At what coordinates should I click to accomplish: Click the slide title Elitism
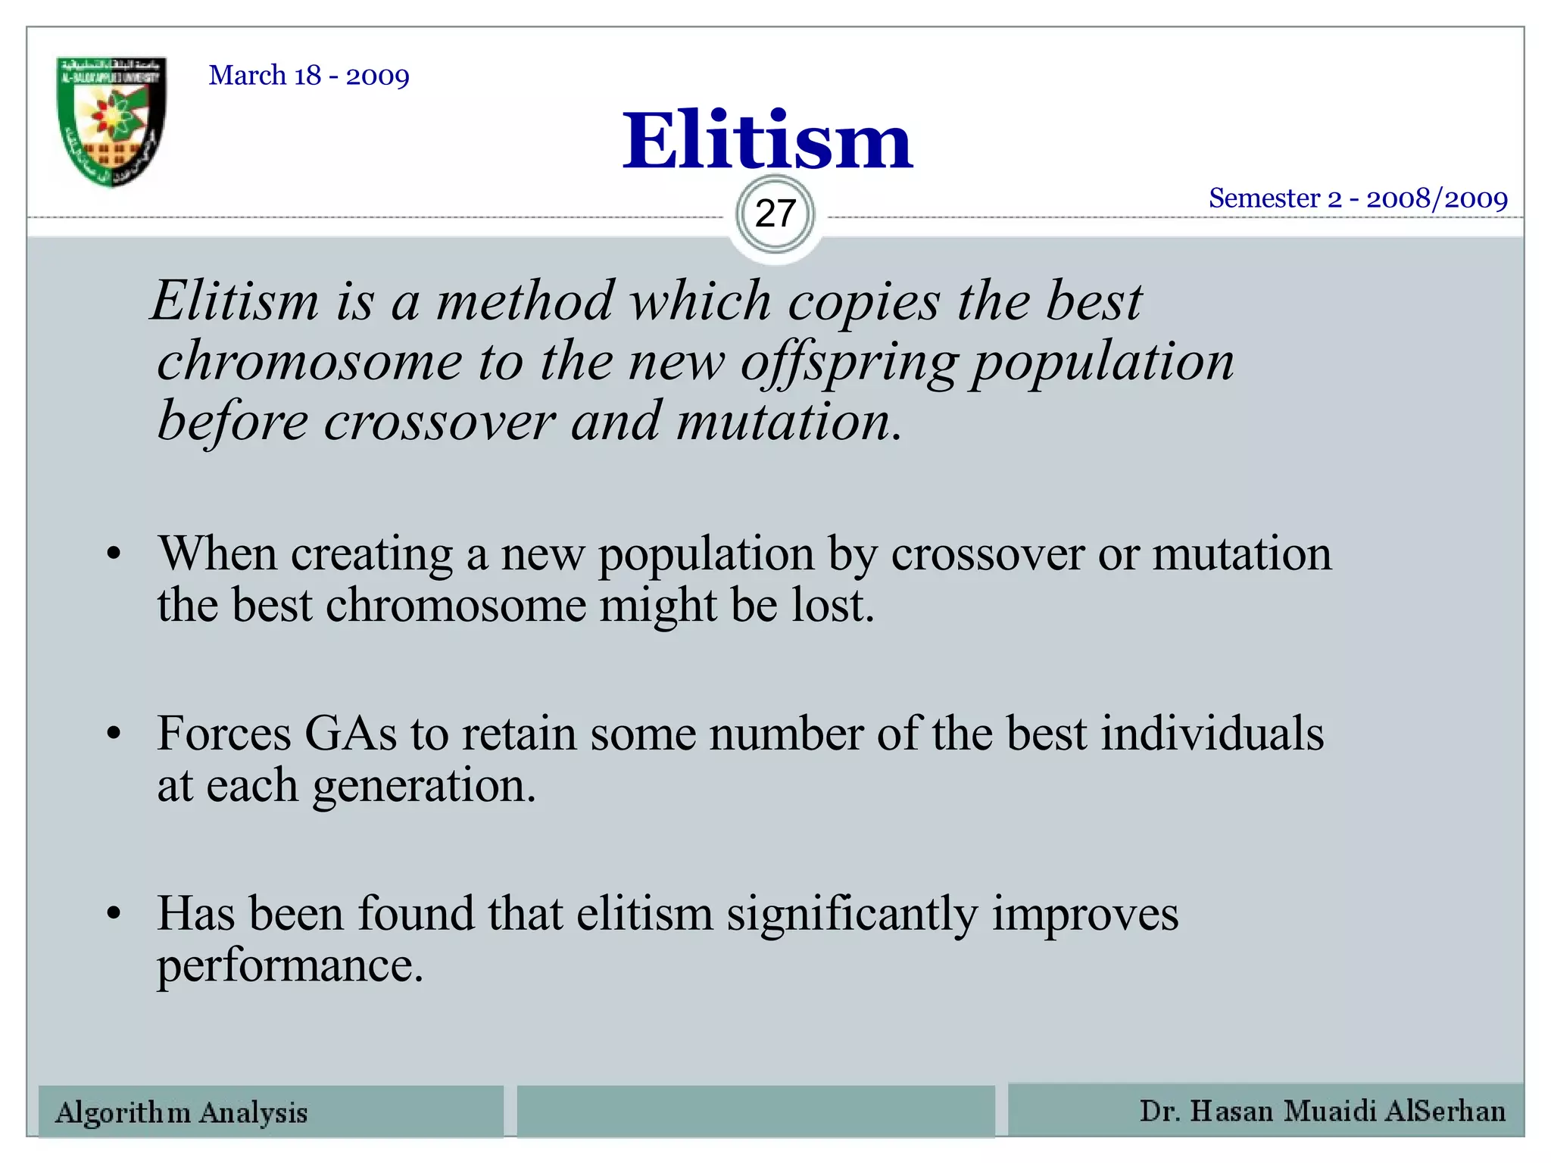coord(767,141)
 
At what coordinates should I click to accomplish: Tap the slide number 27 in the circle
coord(775,214)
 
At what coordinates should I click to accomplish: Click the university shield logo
coord(111,121)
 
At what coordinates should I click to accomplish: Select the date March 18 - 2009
coord(309,76)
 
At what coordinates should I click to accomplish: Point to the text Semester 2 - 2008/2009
coord(1358,198)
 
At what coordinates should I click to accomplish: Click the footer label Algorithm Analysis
coord(182,1112)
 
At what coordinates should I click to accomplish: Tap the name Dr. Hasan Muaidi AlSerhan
coord(1322,1111)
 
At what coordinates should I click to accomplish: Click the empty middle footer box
coord(756,1112)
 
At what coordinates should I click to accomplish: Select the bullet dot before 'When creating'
coord(114,554)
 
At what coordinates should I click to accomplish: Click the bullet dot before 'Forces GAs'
coord(114,734)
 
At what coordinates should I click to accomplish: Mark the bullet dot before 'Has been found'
coord(114,913)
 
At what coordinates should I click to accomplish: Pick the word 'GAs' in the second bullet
coord(351,734)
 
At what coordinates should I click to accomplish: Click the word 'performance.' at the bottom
coord(290,965)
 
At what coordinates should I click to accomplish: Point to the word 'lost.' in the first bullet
coord(833,606)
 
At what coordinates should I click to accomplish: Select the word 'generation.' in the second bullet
coord(424,786)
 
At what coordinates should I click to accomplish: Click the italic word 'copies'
coord(863,301)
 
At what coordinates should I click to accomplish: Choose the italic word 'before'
coord(232,421)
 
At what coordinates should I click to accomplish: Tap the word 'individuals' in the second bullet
coord(1212,734)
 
